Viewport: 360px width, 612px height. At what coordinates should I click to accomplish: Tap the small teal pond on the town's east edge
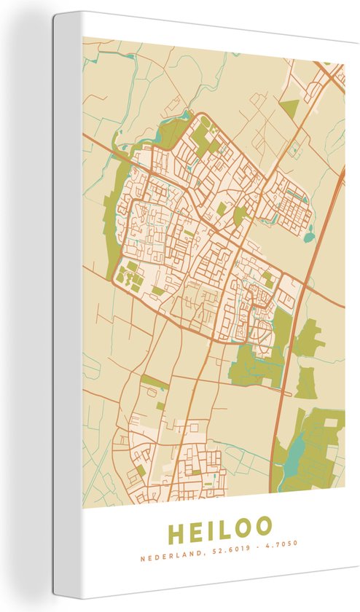310,235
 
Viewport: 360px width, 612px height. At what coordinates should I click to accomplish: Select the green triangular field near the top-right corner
289,109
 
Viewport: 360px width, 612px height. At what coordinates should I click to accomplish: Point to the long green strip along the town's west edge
112,219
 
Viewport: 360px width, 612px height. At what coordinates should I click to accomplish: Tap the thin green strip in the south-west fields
154,382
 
